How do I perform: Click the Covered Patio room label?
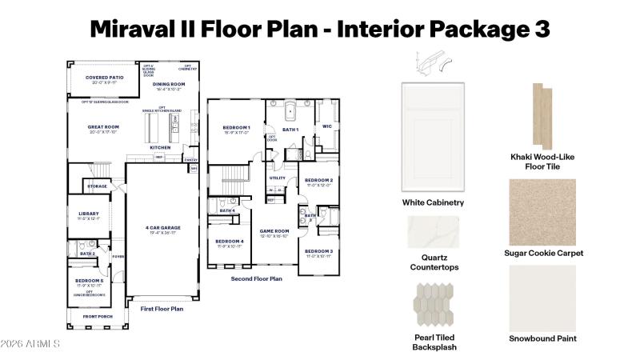click(x=104, y=78)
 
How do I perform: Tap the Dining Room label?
click(x=169, y=84)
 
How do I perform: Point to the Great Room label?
click(x=103, y=126)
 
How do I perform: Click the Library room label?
click(x=88, y=214)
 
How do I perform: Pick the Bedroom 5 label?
click(x=88, y=281)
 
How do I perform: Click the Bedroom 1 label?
click(x=236, y=128)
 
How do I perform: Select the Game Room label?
click(x=274, y=232)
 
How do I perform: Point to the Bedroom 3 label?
click(x=318, y=252)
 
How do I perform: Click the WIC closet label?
click(x=326, y=126)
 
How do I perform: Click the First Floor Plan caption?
click(x=162, y=308)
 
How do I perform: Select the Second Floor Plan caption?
click(x=256, y=279)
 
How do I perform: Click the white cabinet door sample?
click(x=433, y=136)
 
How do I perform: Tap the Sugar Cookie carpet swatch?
click(x=542, y=210)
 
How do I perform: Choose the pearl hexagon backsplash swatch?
click(x=432, y=306)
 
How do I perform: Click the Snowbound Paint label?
click(x=543, y=338)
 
